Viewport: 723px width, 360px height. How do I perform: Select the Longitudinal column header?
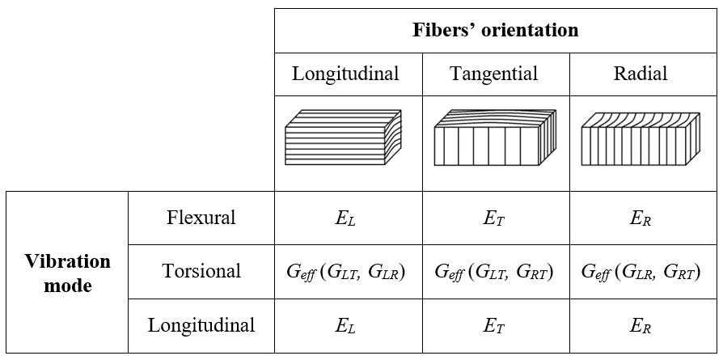345,74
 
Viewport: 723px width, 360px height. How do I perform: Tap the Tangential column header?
494,74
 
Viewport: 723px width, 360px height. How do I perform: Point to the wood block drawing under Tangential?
496,138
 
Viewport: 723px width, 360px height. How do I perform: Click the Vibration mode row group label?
67,273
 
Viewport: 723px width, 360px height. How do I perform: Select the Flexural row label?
201,218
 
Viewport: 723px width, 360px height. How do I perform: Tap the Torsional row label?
201,270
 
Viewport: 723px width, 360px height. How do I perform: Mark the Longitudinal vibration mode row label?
201,325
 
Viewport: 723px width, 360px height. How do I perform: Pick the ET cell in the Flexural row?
495,218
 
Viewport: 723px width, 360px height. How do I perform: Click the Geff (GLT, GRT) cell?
495,272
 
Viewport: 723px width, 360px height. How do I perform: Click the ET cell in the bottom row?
495,326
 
